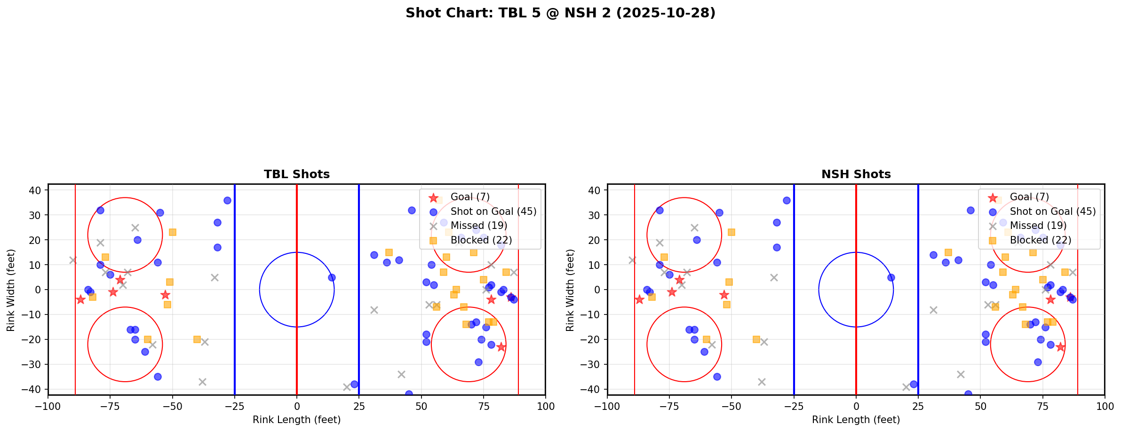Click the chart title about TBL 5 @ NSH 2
[x=560, y=13]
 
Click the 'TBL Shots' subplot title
[x=296, y=174]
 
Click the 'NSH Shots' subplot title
[x=856, y=174]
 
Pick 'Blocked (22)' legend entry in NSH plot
[x=1040, y=240]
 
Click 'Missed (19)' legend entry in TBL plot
[x=478, y=226]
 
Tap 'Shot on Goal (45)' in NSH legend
[x=1052, y=212]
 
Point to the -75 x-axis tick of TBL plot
[x=110, y=406]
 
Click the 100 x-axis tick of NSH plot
[x=1104, y=406]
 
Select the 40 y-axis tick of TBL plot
[x=38, y=190]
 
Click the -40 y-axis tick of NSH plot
[x=594, y=389]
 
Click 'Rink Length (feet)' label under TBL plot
[x=296, y=420]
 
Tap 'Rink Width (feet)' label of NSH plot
[x=570, y=290]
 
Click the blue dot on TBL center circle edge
[x=332, y=277]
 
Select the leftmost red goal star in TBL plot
[x=80, y=299]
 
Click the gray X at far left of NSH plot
[x=632, y=260]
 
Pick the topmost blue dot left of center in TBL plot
[x=227, y=200]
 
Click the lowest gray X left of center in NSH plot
[x=762, y=382]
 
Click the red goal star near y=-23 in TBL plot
[x=501, y=347]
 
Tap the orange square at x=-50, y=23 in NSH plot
[x=731, y=232]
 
